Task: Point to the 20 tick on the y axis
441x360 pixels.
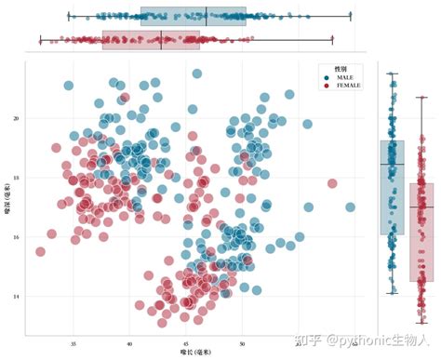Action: point(16,118)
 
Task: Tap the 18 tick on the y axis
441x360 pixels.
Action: point(16,177)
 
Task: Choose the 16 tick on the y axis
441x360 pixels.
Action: point(16,237)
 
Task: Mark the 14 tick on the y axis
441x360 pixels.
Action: point(16,297)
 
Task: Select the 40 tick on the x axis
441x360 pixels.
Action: point(130,342)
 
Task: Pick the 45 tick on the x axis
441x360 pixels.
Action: point(186,342)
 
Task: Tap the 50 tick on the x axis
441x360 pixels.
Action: point(243,342)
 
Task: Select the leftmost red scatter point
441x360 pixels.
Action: point(40,251)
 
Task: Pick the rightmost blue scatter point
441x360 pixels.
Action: point(350,207)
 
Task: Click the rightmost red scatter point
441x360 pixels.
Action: point(332,183)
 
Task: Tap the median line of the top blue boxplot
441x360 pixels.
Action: point(207,16)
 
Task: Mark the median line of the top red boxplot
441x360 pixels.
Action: point(161,39)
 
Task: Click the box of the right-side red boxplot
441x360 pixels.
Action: point(421,233)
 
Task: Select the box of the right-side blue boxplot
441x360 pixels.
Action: point(392,186)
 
